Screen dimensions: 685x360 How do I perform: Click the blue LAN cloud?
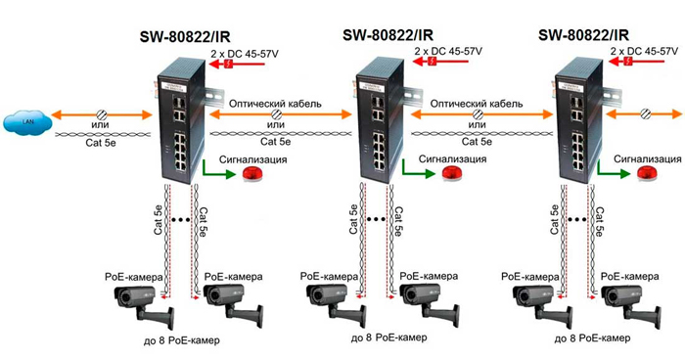pos(27,121)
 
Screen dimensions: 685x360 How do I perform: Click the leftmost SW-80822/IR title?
pos(185,37)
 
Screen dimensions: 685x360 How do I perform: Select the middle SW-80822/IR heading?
pos(388,35)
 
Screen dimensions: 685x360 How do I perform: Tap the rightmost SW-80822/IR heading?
pos(583,35)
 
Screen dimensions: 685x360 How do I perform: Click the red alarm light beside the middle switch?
pos(452,173)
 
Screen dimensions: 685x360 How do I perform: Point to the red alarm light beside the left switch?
pos(252,173)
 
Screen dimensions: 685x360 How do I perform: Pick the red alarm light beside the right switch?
pos(647,173)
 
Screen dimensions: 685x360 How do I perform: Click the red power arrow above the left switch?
pos(237,65)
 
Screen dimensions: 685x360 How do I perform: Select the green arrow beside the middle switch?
pos(418,169)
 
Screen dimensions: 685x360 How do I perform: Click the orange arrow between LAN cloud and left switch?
pos(102,114)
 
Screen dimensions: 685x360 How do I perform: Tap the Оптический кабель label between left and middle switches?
pos(275,104)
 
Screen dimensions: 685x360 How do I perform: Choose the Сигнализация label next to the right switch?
pos(648,159)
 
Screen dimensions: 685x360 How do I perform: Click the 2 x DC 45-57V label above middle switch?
pos(448,51)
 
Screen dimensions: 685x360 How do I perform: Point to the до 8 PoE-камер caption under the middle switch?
pos(388,337)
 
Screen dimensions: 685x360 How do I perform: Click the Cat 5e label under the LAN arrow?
pos(101,143)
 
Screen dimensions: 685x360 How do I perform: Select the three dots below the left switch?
pos(181,220)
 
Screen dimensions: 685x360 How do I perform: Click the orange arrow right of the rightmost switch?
pos(644,114)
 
